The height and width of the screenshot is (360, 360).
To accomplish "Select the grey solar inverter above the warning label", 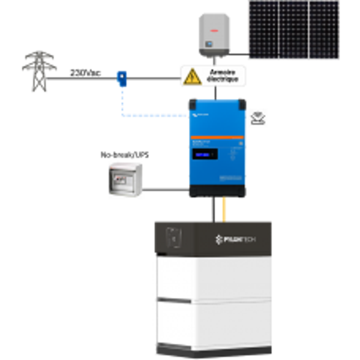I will tap(215, 36).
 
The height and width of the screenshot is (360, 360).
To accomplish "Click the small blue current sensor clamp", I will tap(122, 77).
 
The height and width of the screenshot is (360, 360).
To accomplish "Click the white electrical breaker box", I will tap(126, 179).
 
